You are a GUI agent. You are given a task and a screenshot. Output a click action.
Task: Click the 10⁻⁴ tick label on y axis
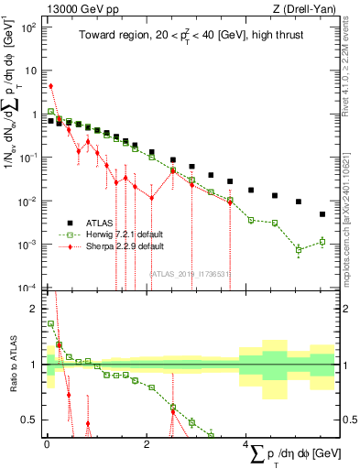tap(27, 288)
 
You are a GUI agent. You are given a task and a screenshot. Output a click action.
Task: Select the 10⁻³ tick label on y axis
tap(27, 245)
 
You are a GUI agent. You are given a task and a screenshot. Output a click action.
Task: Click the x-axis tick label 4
tap(245, 446)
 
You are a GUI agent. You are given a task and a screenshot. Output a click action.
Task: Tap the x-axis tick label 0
tap(46, 446)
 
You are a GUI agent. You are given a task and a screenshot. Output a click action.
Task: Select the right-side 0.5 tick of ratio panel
tap(346, 420)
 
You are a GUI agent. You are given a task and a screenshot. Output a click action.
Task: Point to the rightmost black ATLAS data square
tap(322, 214)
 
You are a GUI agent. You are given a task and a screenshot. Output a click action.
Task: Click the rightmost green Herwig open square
tap(322, 242)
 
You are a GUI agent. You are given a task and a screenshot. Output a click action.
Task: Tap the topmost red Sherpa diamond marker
tap(50, 86)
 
